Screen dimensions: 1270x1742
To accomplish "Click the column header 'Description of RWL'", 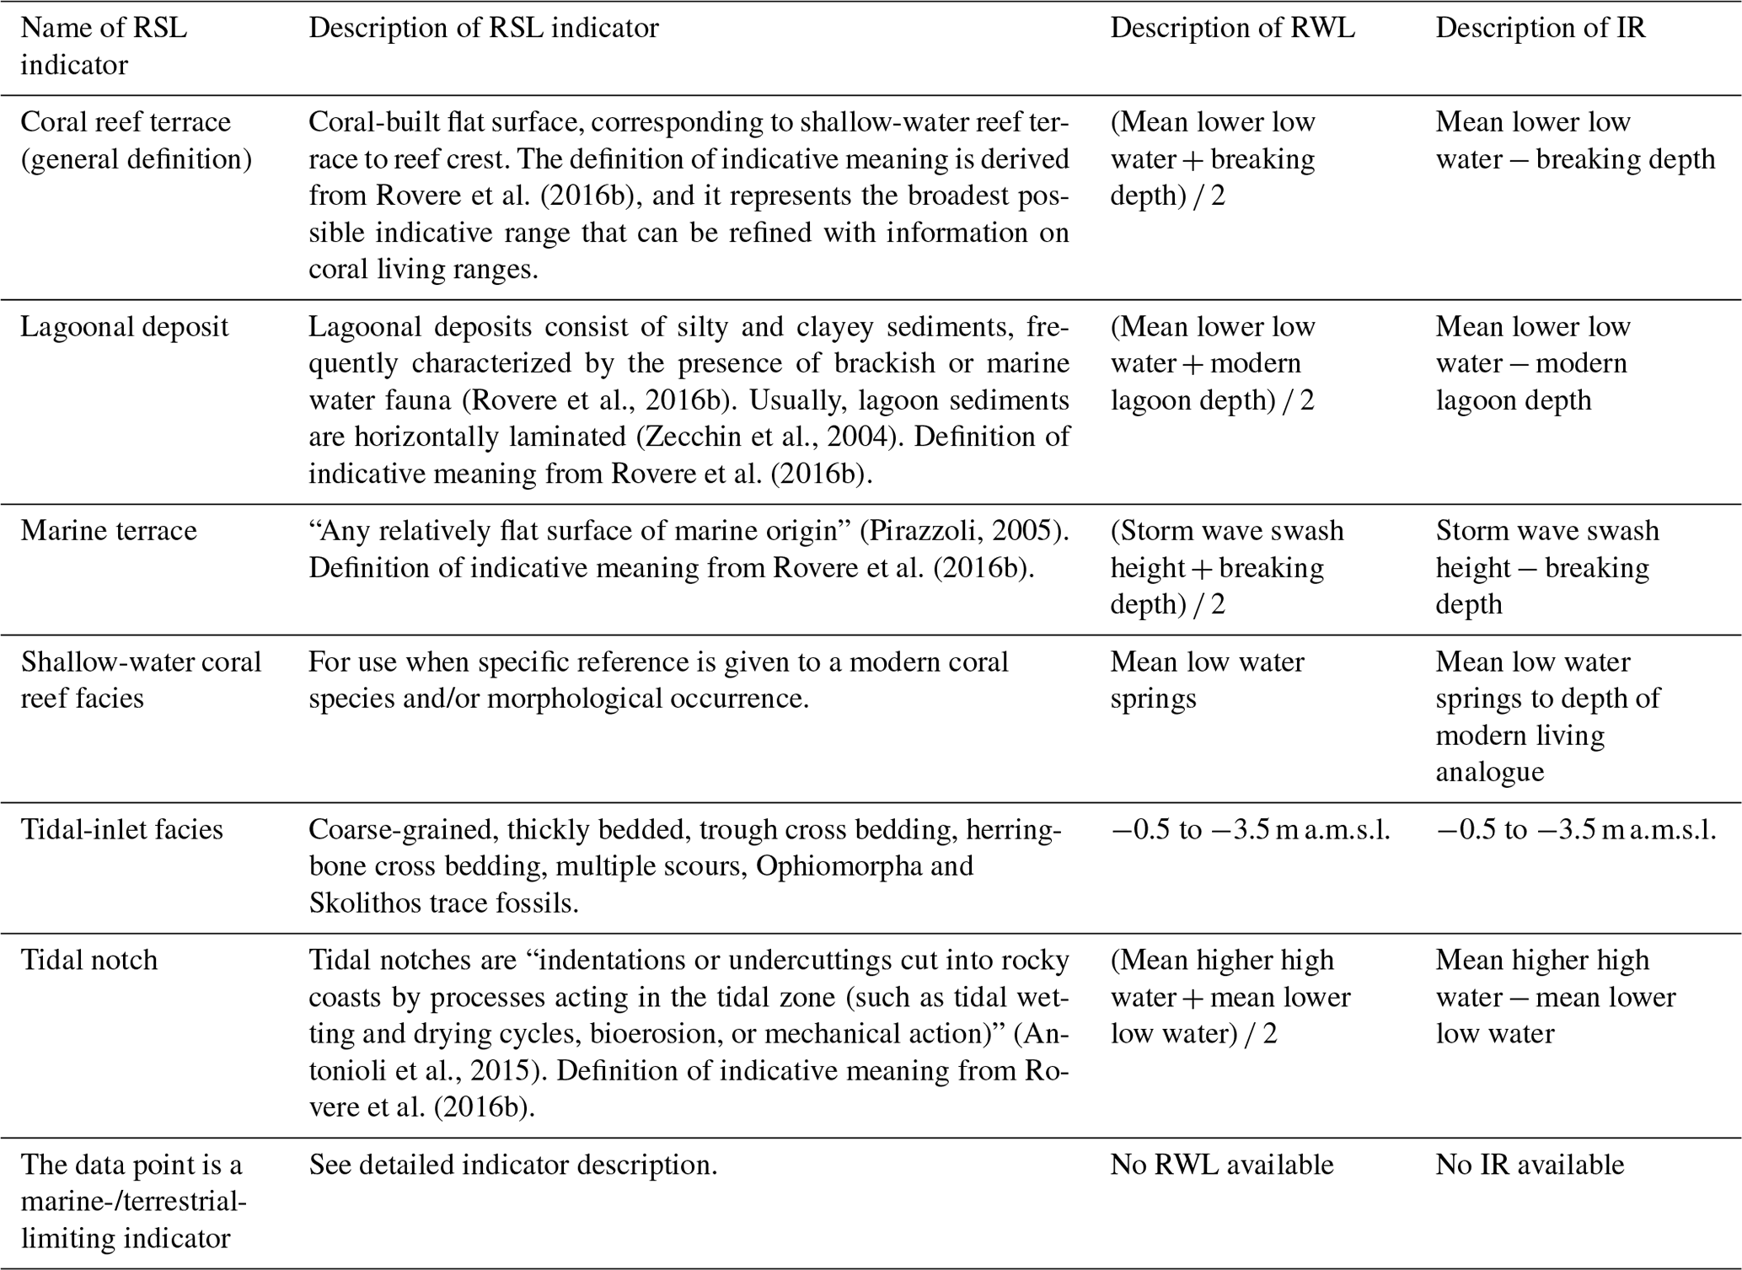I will point(1232,28).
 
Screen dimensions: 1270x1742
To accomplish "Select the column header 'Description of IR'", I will point(1541,28).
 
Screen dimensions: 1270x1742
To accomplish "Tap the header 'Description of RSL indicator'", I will point(483,28).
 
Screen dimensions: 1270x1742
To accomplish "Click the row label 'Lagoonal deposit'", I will point(125,327).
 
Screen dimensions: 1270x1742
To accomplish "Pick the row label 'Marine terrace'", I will point(109,531).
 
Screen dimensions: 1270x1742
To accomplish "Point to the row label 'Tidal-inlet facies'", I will point(121,830).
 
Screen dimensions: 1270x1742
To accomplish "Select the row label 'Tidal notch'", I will point(89,961).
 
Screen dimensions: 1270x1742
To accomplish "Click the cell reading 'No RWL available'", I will point(1221,1166).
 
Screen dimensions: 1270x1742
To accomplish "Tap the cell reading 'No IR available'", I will point(1530,1166).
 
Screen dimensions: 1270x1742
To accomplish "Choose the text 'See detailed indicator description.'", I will point(512,1166).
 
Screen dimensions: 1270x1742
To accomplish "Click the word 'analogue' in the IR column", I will point(1490,772).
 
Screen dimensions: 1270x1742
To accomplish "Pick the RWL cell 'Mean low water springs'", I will point(1207,680).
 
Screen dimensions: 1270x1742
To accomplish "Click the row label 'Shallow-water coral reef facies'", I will point(141,680).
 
